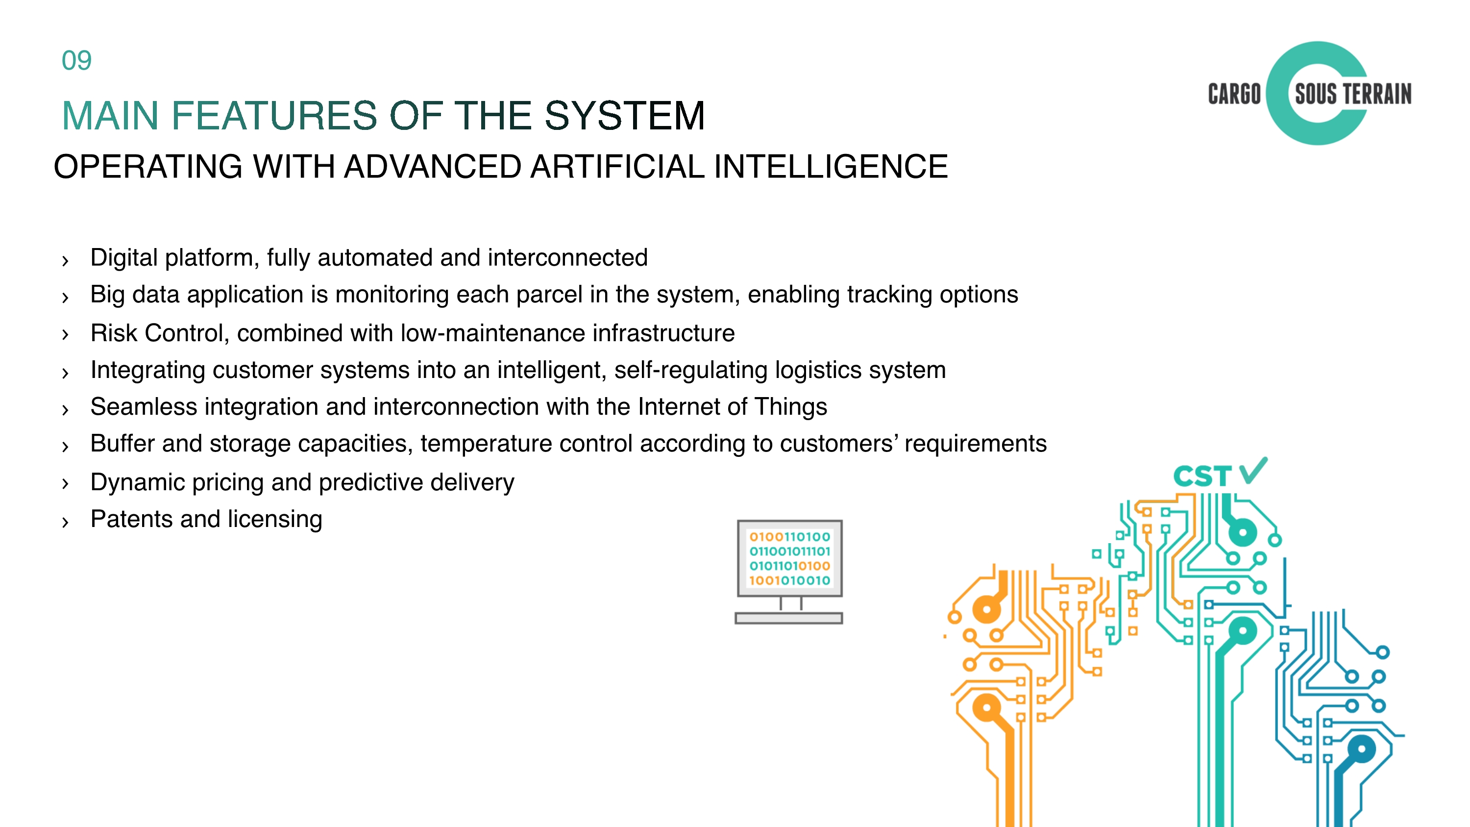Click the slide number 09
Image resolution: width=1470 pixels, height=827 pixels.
[76, 60]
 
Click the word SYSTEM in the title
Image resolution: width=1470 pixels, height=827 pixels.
[625, 116]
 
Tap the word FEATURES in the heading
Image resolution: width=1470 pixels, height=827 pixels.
[274, 116]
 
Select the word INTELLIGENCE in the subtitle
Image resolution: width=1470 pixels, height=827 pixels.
[831, 167]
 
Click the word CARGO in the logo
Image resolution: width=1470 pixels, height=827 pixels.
[1234, 94]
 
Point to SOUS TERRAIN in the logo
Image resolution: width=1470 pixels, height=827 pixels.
[1353, 94]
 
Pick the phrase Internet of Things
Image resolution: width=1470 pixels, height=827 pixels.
[732, 407]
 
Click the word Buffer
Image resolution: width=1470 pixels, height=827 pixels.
[122, 444]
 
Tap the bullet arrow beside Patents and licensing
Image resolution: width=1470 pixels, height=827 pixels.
[65, 522]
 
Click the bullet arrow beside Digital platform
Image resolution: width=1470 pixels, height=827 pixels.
[65, 261]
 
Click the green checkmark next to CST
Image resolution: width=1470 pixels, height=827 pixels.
[1252, 472]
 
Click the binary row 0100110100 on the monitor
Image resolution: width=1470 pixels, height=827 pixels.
[789, 536]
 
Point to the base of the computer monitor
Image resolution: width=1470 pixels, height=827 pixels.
[788, 618]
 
